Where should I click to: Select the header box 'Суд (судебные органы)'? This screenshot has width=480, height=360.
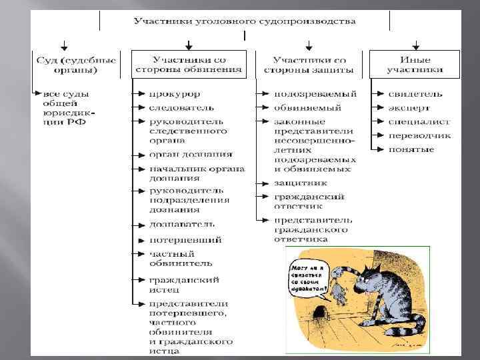coord(75,64)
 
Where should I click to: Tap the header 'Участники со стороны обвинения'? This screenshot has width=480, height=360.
coord(190,64)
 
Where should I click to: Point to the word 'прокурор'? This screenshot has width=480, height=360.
coord(175,94)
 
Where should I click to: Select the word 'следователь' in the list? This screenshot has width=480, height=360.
coord(181,107)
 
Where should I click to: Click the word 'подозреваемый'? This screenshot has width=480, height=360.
coord(315,94)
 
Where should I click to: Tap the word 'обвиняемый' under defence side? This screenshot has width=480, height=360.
coord(307,107)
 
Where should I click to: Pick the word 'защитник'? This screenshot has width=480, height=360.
coord(301,182)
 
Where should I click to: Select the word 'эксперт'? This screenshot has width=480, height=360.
coord(410,107)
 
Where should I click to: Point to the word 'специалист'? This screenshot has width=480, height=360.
coord(419,122)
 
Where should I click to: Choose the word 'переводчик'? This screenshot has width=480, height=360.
coord(420,135)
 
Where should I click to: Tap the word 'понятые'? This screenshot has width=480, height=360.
coord(411,149)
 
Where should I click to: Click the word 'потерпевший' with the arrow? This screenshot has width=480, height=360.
coord(185,239)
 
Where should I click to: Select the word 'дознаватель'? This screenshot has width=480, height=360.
coord(181,225)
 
